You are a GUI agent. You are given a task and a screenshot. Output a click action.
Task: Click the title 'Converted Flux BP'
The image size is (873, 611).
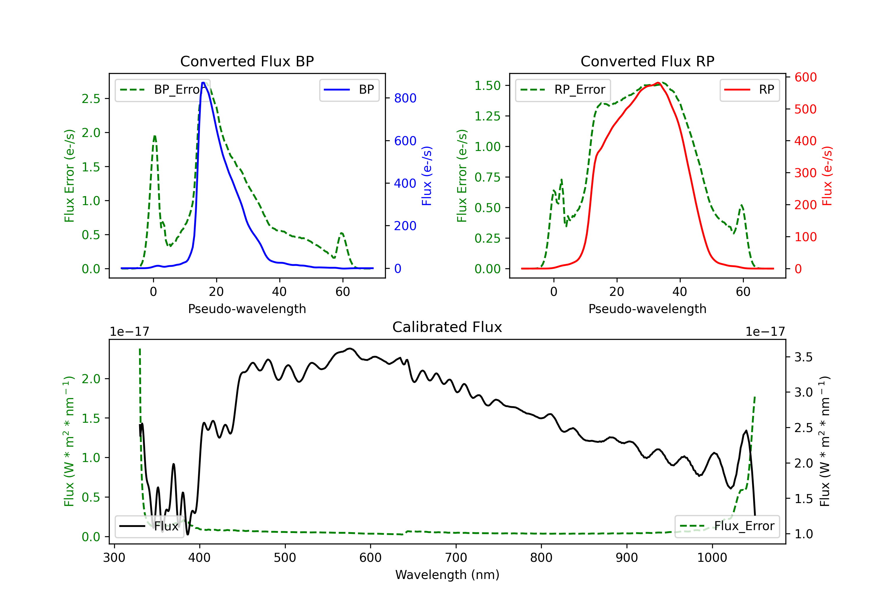tap(247, 61)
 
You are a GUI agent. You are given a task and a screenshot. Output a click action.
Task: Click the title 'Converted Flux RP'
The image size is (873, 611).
tap(647, 61)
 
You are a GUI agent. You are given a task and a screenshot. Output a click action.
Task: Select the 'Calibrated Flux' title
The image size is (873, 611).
tap(447, 327)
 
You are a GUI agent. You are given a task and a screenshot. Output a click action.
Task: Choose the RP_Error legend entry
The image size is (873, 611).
tap(563, 90)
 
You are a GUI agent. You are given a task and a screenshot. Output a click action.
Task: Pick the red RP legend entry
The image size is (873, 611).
tap(749, 90)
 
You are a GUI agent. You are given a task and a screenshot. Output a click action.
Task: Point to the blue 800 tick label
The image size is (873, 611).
tap(405, 98)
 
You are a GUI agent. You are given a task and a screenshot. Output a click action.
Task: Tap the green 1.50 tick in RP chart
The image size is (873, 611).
tap(487, 86)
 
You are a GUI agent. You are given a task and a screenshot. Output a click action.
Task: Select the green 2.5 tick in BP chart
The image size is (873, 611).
tap(91, 99)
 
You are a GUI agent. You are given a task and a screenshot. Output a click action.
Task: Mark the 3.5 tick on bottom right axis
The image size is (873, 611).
tap(803, 357)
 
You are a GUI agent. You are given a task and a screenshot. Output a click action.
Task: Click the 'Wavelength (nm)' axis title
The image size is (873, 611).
tap(447, 575)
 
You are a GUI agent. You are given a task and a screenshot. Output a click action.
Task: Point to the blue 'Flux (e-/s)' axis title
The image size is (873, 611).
tap(427, 176)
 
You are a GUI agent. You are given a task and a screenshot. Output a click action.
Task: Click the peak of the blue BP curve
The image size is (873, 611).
tap(203, 83)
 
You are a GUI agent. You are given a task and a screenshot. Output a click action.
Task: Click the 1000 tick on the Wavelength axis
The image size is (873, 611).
tap(712, 557)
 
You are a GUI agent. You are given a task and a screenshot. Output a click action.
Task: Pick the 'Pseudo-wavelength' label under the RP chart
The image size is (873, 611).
tap(647, 309)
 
